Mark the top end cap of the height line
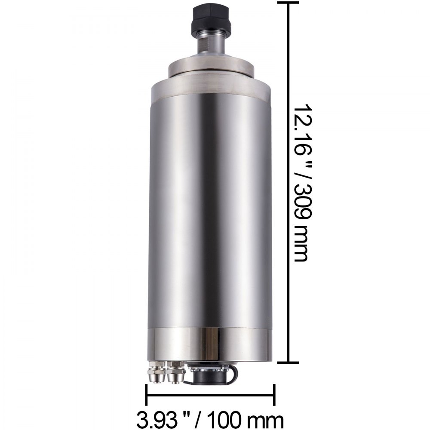(288, 3)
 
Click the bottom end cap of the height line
(288, 362)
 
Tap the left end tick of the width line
(147, 394)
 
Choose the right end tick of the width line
(274, 394)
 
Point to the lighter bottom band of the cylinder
(211, 344)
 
